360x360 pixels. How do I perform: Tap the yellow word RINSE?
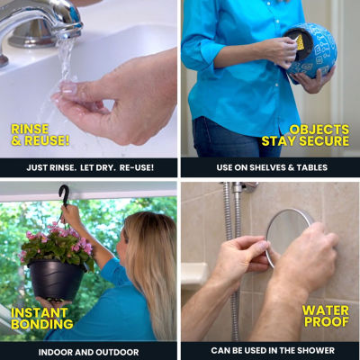click(30, 130)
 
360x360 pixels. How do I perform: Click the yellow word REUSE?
click(47, 140)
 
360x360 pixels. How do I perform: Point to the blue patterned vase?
click(310, 51)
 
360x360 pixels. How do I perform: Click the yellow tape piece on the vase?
click(300, 43)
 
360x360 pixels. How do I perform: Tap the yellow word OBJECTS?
click(319, 130)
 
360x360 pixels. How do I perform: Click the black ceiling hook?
click(64, 195)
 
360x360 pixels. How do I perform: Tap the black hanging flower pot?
click(56, 280)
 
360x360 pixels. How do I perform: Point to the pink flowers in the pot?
click(57, 243)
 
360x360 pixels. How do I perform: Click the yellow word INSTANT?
click(40, 313)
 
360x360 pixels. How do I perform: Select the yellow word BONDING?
click(42, 324)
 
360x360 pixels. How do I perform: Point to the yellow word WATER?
click(326, 310)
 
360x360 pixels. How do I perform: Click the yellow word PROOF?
click(327, 322)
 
